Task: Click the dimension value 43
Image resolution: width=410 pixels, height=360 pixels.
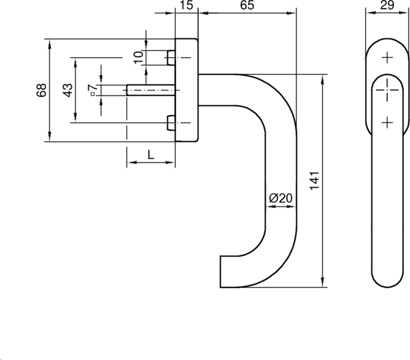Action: coord(67,90)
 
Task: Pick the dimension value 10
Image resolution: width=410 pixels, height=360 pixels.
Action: coord(138,57)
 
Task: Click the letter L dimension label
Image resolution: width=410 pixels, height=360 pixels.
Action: coord(151,154)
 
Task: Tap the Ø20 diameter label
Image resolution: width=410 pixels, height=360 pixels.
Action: coord(281,198)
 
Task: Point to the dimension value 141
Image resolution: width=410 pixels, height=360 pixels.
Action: coord(315,180)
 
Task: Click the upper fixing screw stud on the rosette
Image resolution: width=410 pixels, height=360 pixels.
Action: coord(171,58)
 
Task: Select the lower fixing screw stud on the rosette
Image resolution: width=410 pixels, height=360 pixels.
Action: coord(171,123)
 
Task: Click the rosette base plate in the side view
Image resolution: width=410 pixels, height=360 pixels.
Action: coord(187,90)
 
